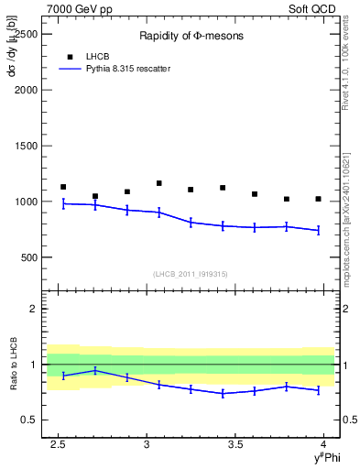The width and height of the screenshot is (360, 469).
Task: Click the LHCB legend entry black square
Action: click(70, 57)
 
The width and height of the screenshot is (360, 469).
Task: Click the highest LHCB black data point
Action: click(158, 183)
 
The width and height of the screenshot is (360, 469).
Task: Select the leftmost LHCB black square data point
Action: click(63, 187)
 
